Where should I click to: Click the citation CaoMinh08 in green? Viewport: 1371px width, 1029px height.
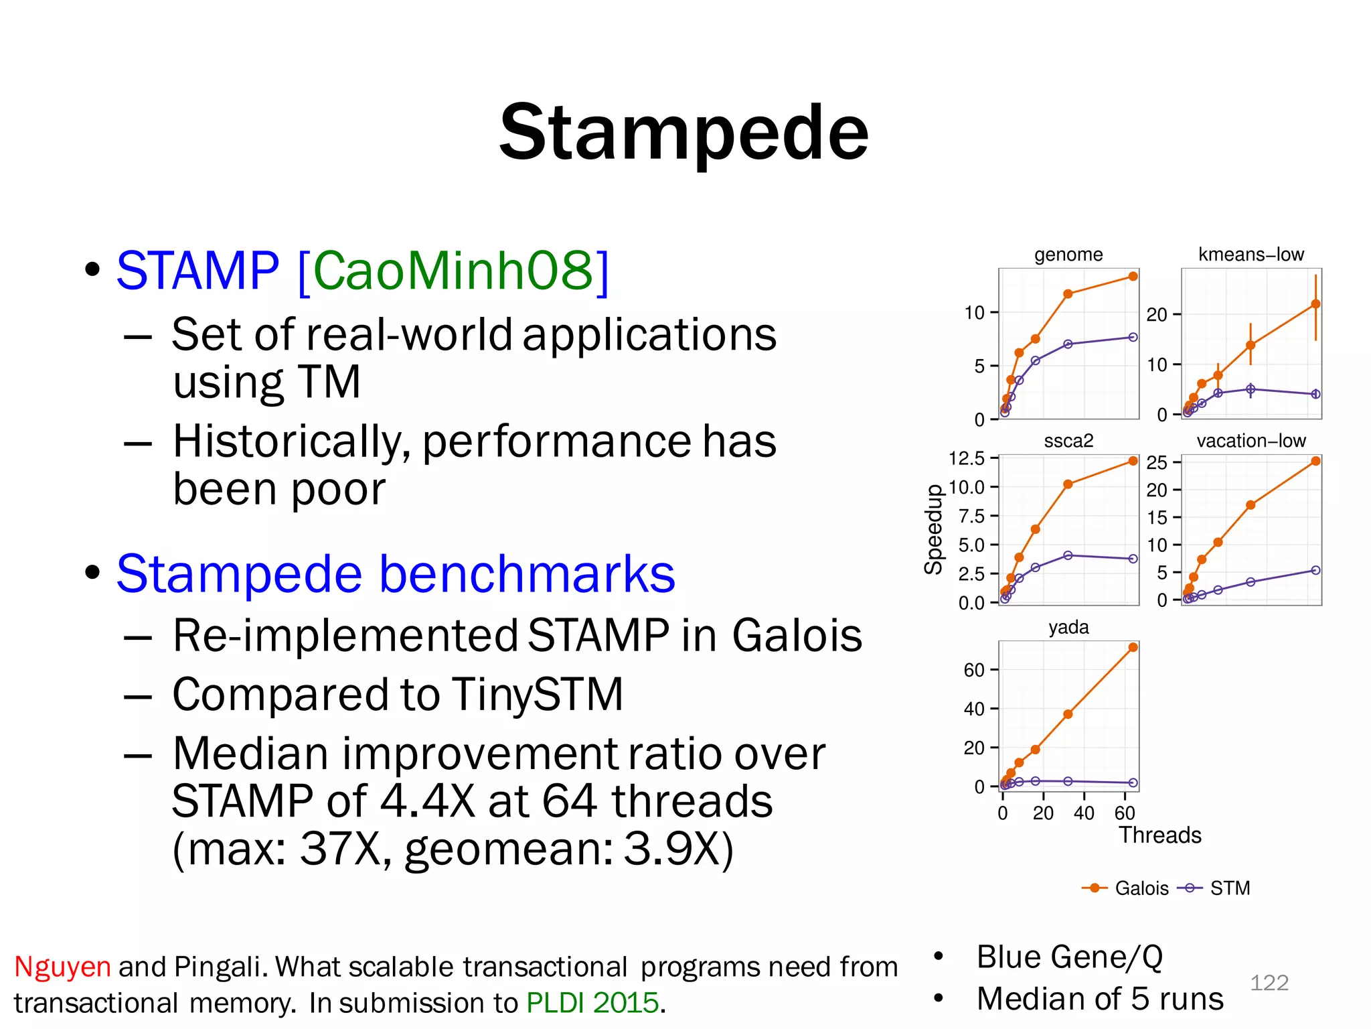[453, 271]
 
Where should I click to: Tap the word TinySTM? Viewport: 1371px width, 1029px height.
[532, 694]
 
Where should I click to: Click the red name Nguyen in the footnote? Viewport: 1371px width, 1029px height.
[62, 967]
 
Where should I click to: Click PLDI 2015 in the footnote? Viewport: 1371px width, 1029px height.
[593, 1003]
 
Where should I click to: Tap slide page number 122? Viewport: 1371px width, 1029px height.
[1269, 983]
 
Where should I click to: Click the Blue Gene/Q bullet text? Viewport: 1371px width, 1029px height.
[1069, 957]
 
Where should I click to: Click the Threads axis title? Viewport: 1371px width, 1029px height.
[1160, 835]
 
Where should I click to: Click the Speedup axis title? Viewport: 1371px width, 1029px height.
[933, 529]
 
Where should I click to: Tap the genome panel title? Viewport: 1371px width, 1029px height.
[1068, 255]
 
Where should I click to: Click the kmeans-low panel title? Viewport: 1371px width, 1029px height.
[1251, 255]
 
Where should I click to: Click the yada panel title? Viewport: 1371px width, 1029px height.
[1068, 628]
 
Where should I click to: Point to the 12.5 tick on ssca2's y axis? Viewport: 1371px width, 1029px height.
[967, 458]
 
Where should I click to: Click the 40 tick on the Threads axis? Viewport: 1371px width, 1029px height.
[1084, 813]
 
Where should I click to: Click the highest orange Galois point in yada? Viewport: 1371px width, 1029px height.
[1133, 647]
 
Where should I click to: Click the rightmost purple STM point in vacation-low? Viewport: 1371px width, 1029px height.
[1315, 570]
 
